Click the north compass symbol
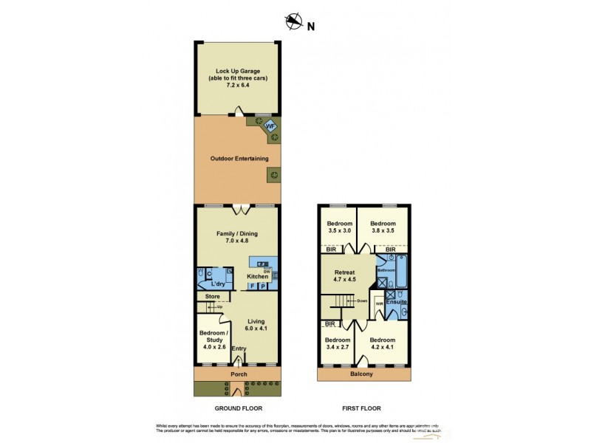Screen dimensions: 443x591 [294, 23]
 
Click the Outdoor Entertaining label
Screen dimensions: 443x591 [234, 159]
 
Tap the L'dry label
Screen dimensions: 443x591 [217, 284]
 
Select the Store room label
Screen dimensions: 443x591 [213, 297]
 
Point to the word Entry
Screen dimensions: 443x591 [239, 349]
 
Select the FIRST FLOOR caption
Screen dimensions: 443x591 [361, 408]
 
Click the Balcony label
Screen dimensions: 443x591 [361, 374]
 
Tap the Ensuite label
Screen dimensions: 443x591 [397, 303]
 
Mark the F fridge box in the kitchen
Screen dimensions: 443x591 [252, 286]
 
